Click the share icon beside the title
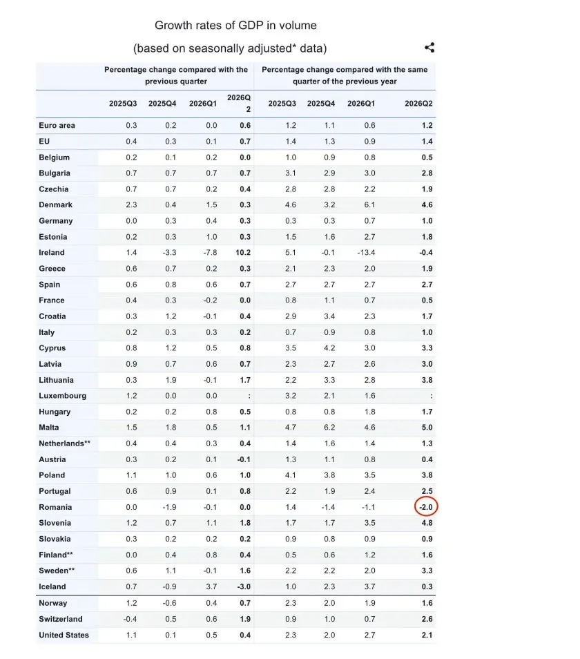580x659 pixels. (429, 48)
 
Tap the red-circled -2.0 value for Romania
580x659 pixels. (426, 507)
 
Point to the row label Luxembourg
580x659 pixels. (63, 396)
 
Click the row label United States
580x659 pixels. (64, 635)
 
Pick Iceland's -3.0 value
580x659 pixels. (244, 586)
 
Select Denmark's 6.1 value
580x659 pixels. (369, 204)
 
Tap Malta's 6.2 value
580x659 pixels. (329, 428)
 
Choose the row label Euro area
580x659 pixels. (57, 125)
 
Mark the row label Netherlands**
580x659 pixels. (65, 443)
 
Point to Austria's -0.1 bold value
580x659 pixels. (244, 459)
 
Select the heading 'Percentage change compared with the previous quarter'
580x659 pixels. (176, 75)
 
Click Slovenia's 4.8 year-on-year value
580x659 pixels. (427, 523)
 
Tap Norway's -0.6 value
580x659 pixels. (169, 603)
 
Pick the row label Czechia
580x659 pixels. (53, 189)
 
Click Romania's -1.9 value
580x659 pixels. (169, 507)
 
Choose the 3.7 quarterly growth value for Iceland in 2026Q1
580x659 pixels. (211, 586)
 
